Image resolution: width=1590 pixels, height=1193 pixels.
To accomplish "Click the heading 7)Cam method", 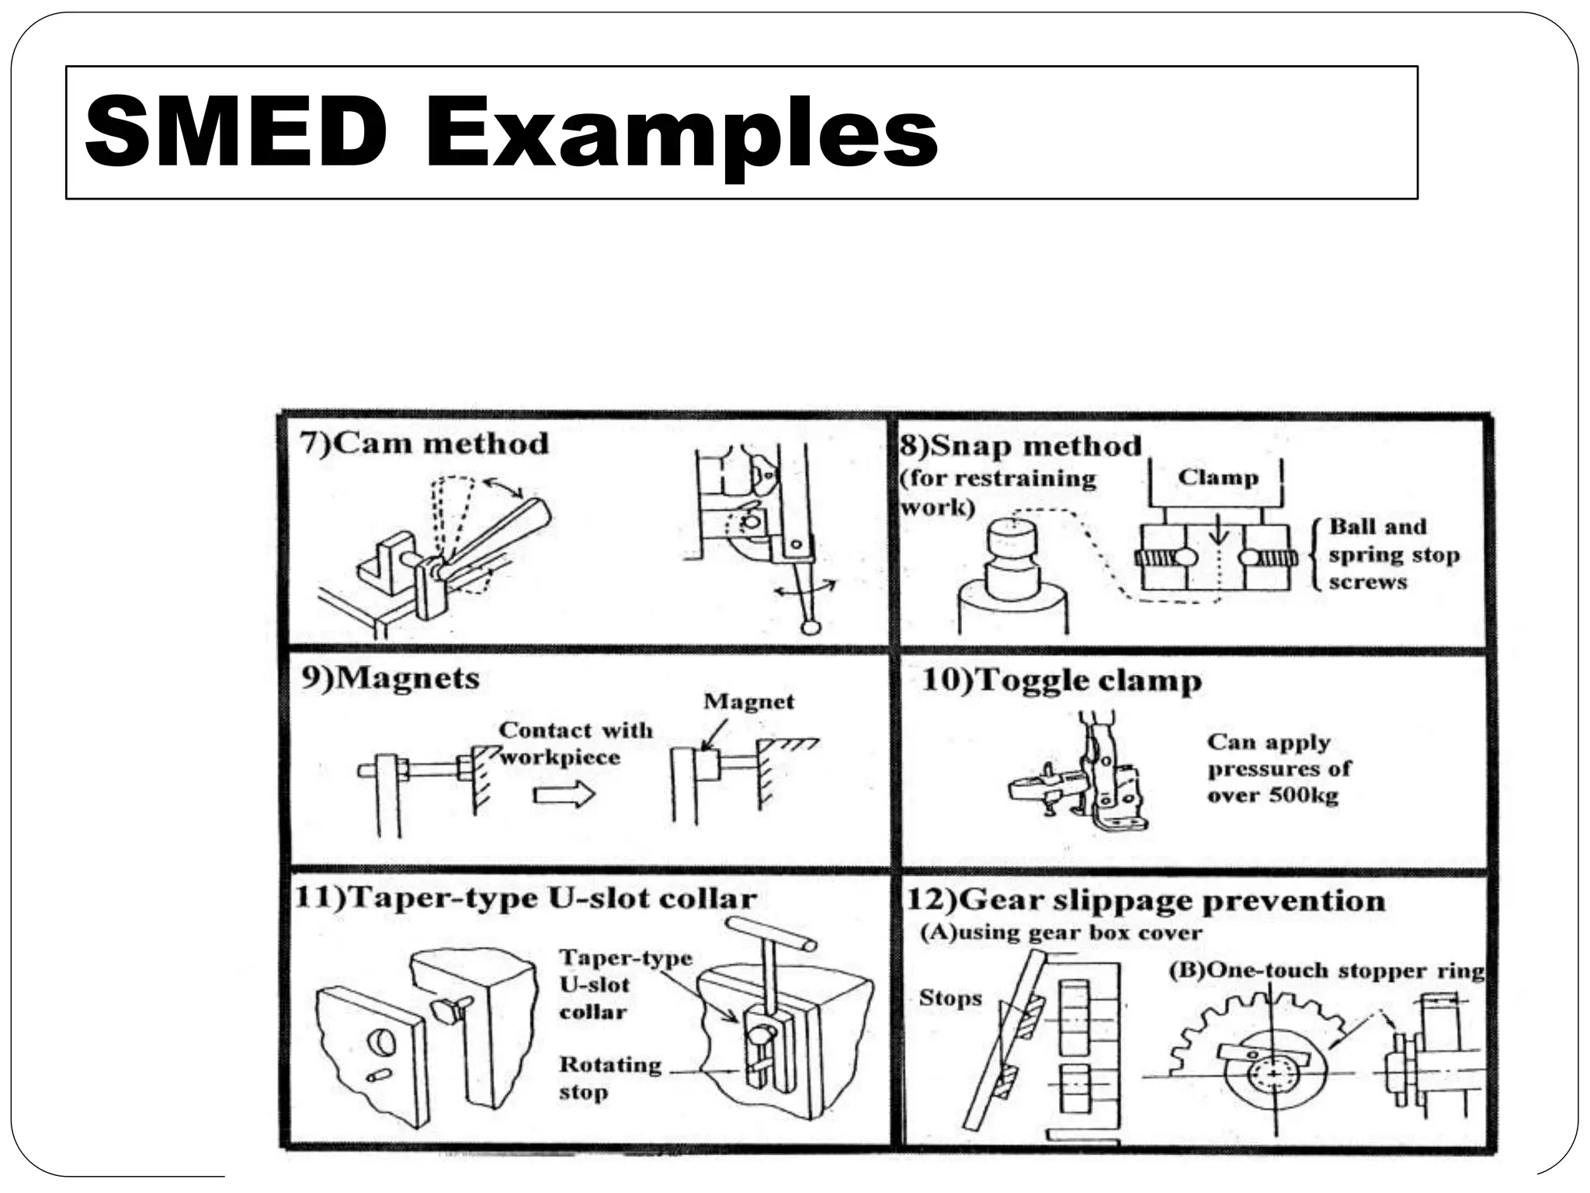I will point(424,443).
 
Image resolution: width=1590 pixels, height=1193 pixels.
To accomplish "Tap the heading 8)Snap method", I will point(1020,446).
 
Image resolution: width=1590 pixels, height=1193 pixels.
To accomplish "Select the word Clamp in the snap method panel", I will point(1217,477).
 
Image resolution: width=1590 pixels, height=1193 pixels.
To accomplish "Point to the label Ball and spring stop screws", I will point(1393,555).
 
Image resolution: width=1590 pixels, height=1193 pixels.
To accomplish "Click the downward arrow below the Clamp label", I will point(1219,530).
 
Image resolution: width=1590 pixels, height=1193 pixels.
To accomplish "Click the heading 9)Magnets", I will point(391,678).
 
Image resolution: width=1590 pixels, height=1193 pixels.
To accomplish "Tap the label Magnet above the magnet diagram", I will point(748,701).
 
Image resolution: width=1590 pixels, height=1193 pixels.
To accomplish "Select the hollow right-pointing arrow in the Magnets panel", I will point(564,794).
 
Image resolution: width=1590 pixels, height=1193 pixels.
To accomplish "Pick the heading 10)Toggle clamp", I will point(1061,680).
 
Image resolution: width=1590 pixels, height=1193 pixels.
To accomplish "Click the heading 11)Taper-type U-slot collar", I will point(526,899).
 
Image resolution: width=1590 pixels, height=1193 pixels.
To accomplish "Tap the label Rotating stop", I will point(610,1078).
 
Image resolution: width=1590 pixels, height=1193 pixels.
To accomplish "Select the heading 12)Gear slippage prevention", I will point(1146,901).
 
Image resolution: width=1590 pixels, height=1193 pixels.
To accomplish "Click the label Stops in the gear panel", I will point(949,998).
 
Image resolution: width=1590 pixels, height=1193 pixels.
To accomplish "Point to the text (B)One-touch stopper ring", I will point(1326,971).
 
